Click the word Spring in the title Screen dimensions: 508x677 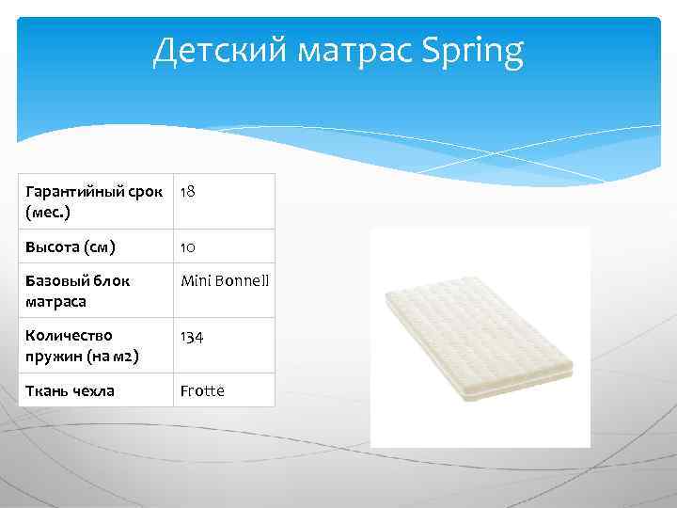point(473,53)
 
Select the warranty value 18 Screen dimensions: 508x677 point(188,191)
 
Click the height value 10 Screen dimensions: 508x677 point(188,247)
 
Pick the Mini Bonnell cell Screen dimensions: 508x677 point(225,280)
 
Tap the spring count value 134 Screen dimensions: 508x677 point(192,336)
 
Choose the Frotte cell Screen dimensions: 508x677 point(202,390)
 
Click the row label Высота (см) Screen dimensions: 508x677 point(71,247)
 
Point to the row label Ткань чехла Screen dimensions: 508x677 point(70,390)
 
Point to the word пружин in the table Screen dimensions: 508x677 point(52,356)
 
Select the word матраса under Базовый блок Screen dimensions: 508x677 point(55,301)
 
